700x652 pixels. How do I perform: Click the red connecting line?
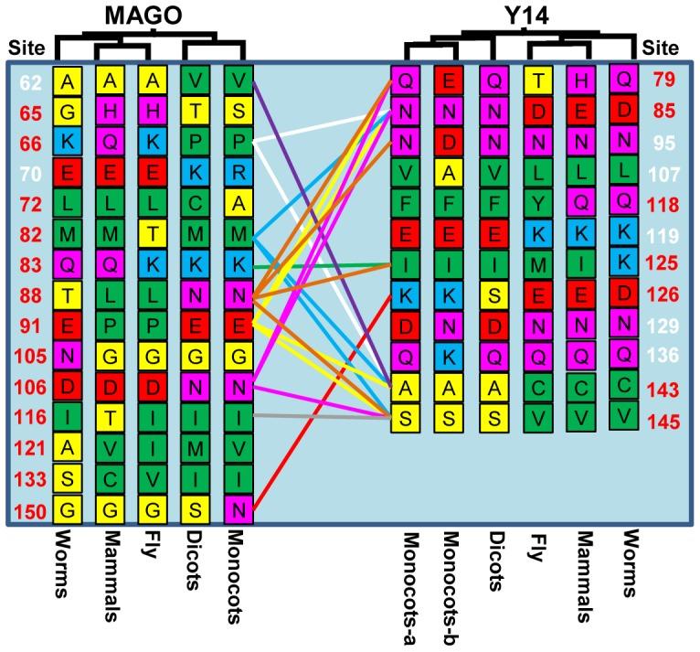(x=320, y=402)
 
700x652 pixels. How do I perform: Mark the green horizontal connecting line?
(x=320, y=266)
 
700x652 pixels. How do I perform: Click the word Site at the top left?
(x=26, y=46)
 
